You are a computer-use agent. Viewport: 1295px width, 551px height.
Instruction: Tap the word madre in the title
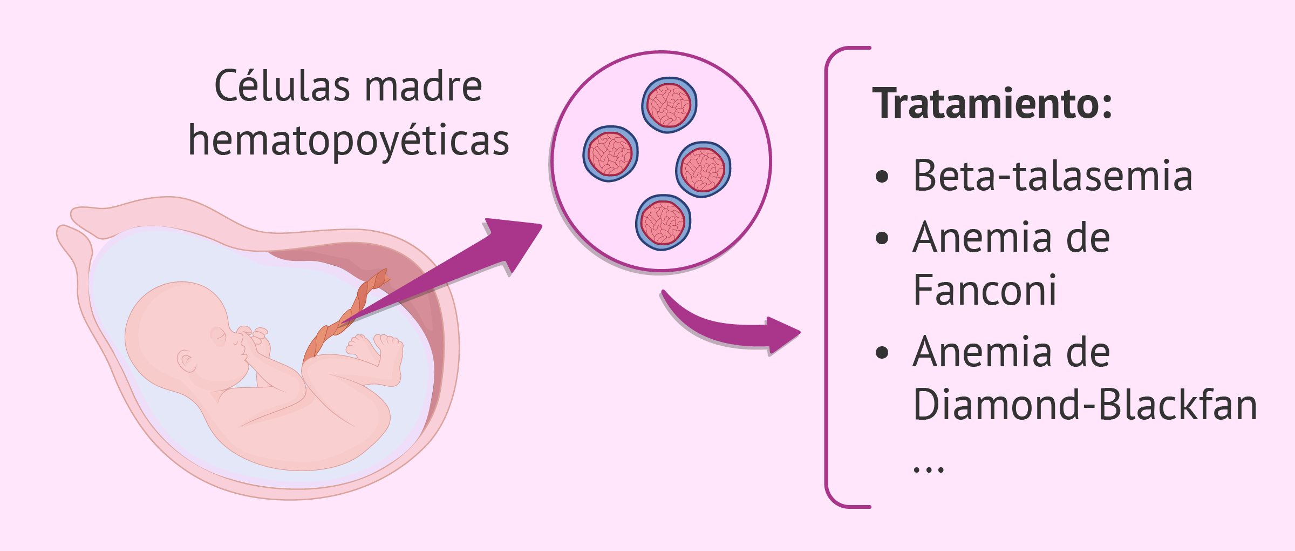tap(424, 86)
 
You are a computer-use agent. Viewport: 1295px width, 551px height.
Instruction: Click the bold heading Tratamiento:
tap(992, 104)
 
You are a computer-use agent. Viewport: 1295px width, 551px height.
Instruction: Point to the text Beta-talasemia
tap(1052, 176)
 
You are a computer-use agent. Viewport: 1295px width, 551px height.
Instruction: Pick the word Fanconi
tap(984, 291)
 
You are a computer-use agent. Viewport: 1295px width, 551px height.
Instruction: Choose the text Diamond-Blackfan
tap(1085, 405)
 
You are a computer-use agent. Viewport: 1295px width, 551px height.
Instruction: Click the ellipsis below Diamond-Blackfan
tap(928, 469)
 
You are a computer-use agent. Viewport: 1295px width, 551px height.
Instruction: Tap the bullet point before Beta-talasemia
tap(882, 177)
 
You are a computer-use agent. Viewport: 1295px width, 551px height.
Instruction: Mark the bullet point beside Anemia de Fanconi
tap(882, 238)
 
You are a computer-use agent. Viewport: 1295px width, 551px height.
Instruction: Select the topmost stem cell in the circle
tap(669, 105)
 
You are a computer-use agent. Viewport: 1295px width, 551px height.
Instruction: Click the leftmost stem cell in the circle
tap(610, 154)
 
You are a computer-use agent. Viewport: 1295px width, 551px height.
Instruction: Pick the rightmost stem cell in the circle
tap(703, 170)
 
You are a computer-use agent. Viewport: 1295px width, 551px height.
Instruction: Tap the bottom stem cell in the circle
tap(663, 222)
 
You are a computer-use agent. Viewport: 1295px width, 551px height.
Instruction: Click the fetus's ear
tap(187, 361)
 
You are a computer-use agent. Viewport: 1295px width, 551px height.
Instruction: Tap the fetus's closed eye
tap(219, 335)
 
